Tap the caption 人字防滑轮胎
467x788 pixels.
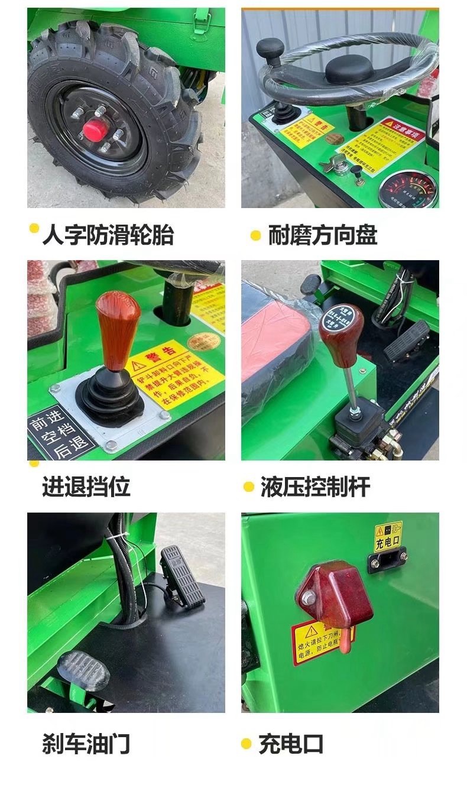click(108, 235)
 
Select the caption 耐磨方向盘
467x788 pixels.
click(322, 235)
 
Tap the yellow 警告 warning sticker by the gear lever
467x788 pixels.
click(176, 373)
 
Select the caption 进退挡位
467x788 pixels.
click(86, 487)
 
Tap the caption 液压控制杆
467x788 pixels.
click(315, 487)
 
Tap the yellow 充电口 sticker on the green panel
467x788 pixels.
click(388, 536)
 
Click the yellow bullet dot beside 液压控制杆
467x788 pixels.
click(249, 487)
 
